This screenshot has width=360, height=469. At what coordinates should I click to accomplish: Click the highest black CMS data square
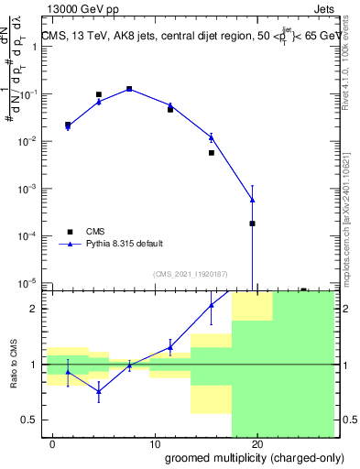click(129, 89)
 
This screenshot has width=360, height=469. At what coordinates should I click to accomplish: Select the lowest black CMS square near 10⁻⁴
click(252, 224)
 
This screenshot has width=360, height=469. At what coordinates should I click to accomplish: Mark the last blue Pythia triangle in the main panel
click(252, 200)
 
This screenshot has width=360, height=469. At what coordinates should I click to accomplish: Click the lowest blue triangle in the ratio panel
click(99, 390)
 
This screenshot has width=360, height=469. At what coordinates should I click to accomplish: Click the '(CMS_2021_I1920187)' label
click(191, 274)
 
